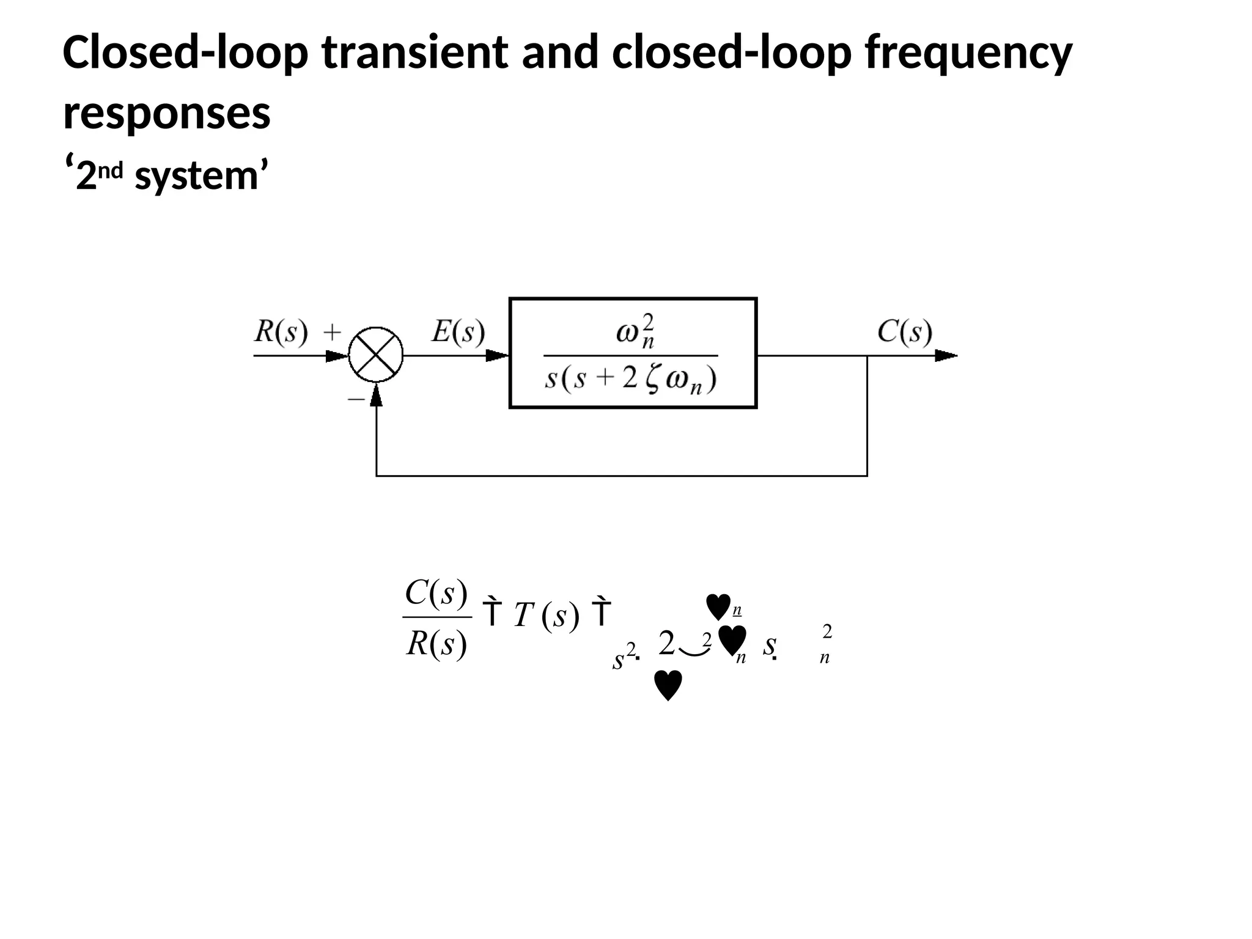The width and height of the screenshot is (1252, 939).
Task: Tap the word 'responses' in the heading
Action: tap(166, 114)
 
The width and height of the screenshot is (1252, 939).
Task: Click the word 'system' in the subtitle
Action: tap(196, 176)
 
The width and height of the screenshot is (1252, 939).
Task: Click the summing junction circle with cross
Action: tap(375, 355)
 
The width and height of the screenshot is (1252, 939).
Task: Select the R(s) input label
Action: tap(280, 332)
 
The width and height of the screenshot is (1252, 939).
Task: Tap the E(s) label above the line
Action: tap(458, 332)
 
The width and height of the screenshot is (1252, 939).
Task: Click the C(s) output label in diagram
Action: tap(905, 332)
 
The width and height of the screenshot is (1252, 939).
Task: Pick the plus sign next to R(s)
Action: tap(332, 333)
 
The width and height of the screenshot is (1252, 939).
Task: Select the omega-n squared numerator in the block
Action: tap(635, 332)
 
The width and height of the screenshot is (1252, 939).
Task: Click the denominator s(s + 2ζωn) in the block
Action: tap(630, 379)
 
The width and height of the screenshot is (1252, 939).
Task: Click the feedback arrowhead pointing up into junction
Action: tap(376, 396)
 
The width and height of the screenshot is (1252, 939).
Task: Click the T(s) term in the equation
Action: tap(546, 614)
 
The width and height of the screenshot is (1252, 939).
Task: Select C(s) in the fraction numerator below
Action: tap(436, 592)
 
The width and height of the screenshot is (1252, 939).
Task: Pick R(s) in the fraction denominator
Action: tap(436, 643)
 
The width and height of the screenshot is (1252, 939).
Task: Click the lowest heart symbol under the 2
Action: tap(668, 685)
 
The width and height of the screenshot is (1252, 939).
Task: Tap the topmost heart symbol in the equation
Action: tap(718, 606)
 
